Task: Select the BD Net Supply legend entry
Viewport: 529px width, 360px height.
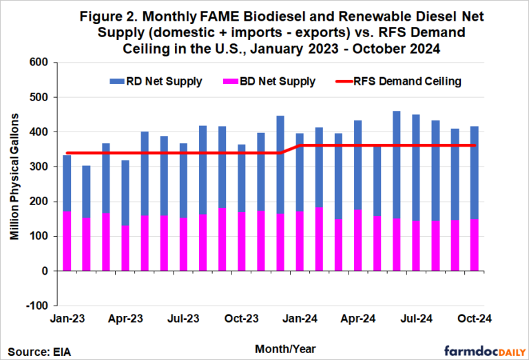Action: (x=275, y=81)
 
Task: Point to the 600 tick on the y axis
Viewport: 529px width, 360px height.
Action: (x=39, y=63)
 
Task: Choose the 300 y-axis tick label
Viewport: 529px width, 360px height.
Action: (x=39, y=167)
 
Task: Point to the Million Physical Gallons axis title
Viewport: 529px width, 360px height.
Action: (x=14, y=184)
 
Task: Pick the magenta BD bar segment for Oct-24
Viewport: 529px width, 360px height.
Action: (x=475, y=244)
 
